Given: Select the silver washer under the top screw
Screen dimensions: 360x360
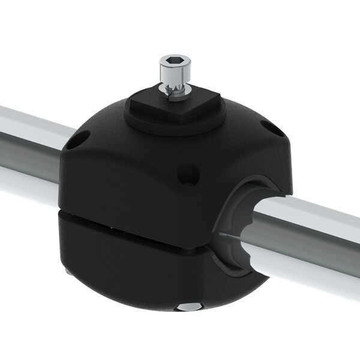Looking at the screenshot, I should pyautogui.click(x=175, y=90).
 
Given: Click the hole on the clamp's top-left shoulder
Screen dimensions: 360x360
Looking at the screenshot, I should pyautogui.click(x=76, y=143).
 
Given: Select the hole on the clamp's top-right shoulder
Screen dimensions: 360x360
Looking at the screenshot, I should pyautogui.click(x=271, y=128).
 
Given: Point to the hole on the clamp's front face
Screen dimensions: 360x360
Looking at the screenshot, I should pyautogui.click(x=188, y=176).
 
